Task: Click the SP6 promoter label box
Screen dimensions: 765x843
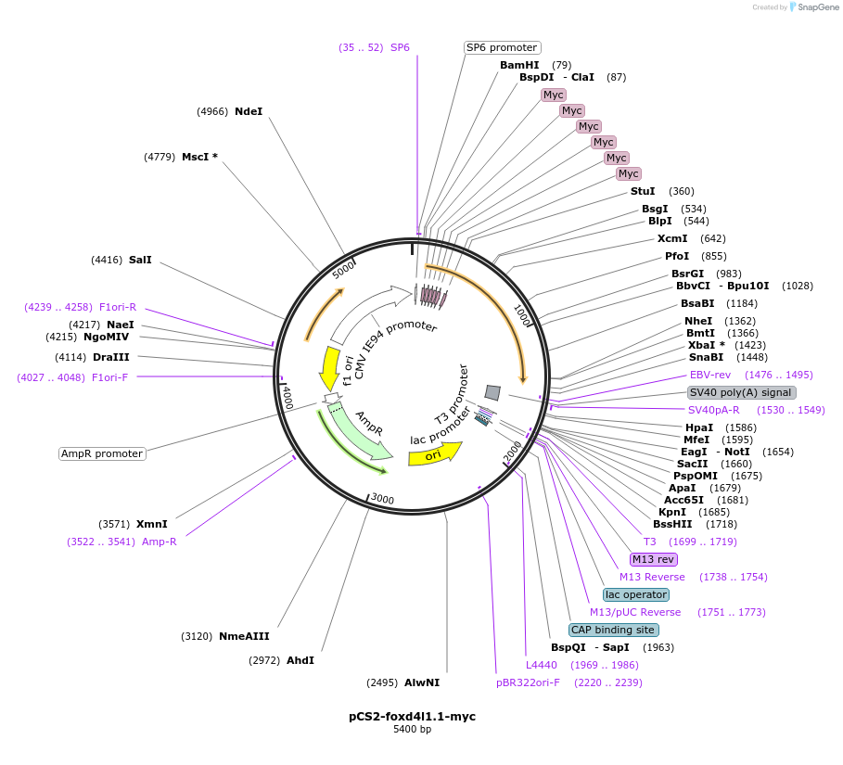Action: point(502,47)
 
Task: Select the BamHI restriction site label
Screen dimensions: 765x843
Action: point(519,65)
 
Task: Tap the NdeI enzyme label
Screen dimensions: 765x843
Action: point(249,111)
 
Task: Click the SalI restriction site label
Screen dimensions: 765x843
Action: point(140,260)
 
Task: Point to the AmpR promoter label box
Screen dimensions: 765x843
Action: point(102,453)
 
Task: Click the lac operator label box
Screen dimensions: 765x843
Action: point(635,594)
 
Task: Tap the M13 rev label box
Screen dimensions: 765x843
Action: point(653,559)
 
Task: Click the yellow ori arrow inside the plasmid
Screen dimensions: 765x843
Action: point(436,454)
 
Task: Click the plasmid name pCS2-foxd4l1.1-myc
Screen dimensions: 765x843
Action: point(412,716)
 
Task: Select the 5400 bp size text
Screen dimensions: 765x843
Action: point(412,729)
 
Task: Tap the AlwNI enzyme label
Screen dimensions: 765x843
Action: point(422,682)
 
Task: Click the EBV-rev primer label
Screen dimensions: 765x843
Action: point(710,375)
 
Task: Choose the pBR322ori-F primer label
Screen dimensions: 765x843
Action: point(528,682)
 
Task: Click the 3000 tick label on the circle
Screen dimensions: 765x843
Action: point(383,499)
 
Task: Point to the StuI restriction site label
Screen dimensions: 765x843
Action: point(643,191)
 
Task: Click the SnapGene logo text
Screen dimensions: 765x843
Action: point(818,6)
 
